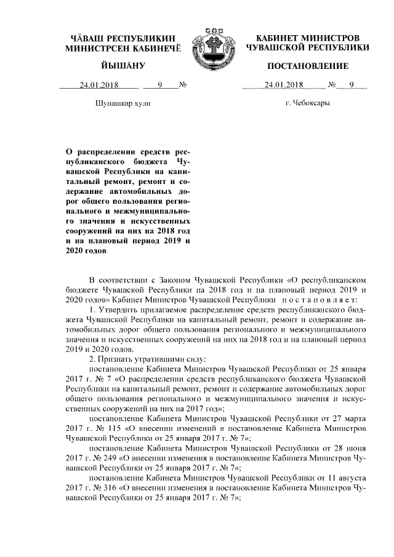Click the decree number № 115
104,427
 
